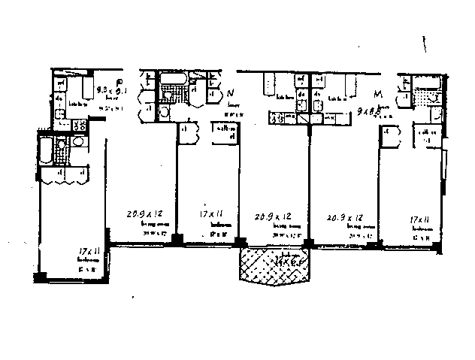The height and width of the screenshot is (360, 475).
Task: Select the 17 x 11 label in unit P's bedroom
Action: tap(89, 252)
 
